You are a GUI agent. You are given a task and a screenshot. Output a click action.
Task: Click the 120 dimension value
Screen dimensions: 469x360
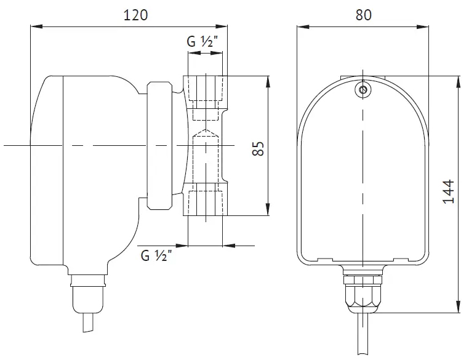pos(135,15)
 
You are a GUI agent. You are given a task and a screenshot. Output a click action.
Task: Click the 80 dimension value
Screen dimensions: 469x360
pos(363,15)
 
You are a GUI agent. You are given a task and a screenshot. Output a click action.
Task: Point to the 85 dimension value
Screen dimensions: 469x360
pos(259,148)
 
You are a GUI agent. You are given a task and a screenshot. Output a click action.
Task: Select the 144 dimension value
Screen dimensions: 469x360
pos(448,191)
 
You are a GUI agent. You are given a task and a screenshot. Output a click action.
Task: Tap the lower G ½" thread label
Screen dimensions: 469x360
pos(156,255)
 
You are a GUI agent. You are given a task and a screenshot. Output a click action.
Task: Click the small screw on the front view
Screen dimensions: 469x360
pos(363,89)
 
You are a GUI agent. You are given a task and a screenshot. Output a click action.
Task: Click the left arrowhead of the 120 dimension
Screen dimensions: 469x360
pos(36,26)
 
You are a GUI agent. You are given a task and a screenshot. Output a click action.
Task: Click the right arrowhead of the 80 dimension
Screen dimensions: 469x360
pos(423,26)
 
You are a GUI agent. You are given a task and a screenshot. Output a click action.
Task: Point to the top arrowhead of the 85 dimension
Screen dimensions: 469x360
pos(268,82)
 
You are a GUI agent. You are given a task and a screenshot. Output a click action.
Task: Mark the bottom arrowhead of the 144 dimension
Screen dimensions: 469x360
pos(459,307)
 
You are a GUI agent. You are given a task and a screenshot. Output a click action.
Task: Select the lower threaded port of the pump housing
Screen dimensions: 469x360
pos(205,199)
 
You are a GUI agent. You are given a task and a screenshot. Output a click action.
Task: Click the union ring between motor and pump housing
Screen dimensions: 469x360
pos(159,145)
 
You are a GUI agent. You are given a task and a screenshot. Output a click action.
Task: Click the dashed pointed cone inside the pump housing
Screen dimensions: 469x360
pos(205,134)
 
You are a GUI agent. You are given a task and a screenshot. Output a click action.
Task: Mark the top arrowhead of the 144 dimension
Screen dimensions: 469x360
pos(459,82)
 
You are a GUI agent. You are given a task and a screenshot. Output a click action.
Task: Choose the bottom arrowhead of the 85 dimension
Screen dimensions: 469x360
pos(268,209)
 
